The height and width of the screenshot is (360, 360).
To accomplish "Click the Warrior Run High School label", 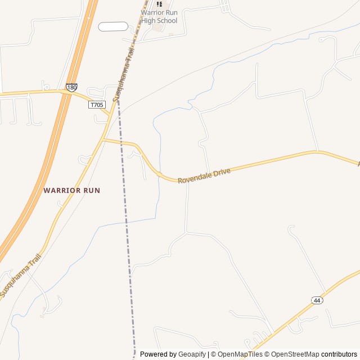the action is point(159,16).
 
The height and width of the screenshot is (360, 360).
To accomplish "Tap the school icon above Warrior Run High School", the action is point(159,4).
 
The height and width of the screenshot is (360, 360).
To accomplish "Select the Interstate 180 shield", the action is point(71,88).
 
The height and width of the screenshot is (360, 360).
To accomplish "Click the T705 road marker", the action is point(97,105).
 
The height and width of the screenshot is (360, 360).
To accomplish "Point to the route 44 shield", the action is point(317,300).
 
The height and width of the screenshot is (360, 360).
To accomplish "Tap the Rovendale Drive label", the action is point(204,175).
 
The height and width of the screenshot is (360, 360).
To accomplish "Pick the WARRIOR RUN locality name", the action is point(71,190).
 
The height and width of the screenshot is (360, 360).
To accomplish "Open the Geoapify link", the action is point(192,354).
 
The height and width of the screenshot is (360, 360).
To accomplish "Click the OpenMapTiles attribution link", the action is point(240,354).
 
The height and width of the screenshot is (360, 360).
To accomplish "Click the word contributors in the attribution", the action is point(339,354).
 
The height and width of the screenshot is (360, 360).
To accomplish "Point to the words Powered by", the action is point(158,354).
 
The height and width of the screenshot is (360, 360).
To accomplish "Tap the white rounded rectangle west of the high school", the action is point(113,26).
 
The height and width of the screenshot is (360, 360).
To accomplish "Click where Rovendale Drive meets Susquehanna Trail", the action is point(104,139).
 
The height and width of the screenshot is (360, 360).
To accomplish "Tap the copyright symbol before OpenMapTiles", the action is point(214,354).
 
